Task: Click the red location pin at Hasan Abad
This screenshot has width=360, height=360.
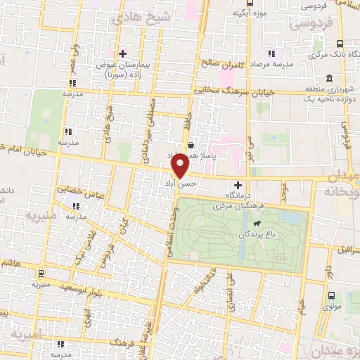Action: click(x=180, y=166)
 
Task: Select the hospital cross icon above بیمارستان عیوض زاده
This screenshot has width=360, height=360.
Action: click(x=122, y=53)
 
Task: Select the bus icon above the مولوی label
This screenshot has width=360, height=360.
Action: click(x=331, y=296)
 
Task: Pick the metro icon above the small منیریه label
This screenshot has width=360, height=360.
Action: click(x=41, y=274)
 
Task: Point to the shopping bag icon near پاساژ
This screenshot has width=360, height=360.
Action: click(x=191, y=144)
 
